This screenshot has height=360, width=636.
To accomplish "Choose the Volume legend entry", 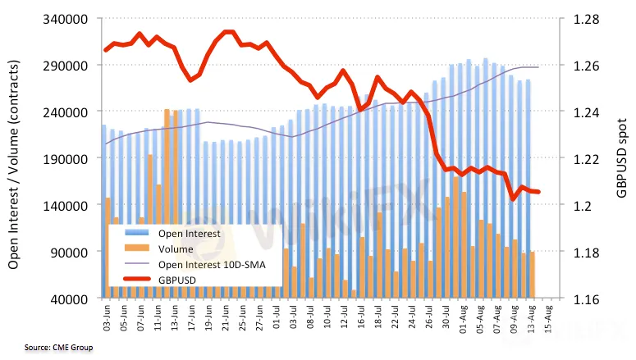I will [176, 249].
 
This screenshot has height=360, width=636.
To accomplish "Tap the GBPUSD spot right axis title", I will [621, 158].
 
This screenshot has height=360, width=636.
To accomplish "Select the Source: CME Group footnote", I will [47, 349].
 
